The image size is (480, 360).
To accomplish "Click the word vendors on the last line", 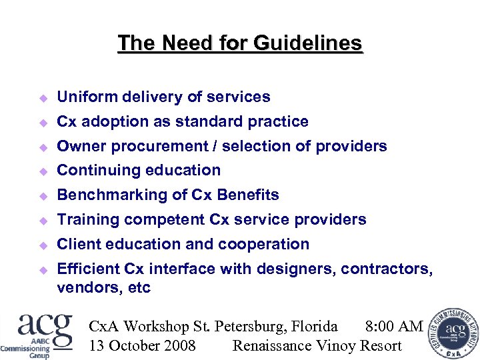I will (x=85, y=288).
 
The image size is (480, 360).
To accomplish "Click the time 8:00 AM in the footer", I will (x=394, y=327).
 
